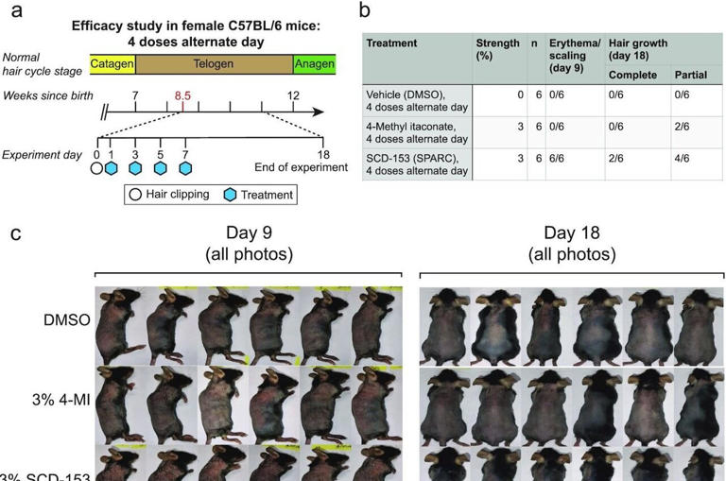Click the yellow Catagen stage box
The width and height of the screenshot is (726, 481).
(112, 63)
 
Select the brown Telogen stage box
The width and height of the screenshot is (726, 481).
(214, 63)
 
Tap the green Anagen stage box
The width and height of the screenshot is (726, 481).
(313, 63)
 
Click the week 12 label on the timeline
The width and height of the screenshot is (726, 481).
(294, 95)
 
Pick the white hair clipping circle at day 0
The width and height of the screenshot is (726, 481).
(95, 168)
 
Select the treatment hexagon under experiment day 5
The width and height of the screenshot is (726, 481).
(160, 168)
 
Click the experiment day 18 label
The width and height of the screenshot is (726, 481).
(322, 153)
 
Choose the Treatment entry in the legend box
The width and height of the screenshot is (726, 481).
(256, 195)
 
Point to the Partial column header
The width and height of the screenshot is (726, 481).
(689, 74)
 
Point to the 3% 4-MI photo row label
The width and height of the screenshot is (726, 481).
(59, 398)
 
